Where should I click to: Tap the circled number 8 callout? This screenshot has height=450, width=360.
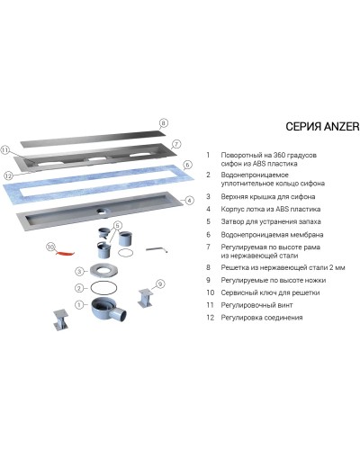(163, 122)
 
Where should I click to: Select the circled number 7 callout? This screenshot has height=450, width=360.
(176, 144)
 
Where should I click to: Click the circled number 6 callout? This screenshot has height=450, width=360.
(187, 165)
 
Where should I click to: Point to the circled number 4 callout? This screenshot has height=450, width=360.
(189, 200)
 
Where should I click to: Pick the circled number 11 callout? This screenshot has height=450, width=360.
(5, 150)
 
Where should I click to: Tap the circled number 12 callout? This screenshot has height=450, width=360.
(8, 175)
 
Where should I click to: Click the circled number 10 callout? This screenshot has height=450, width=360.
(50, 247)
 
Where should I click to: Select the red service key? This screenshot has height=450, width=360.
(65, 254)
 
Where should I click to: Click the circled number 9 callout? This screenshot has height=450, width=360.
(160, 283)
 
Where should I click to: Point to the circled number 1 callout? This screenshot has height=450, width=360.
(79, 305)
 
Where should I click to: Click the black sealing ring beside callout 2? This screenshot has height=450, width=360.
(103, 288)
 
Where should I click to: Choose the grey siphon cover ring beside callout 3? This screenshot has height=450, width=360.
(103, 270)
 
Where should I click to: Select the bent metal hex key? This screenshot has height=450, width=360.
(157, 249)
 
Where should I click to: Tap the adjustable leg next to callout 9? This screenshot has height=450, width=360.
(146, 298)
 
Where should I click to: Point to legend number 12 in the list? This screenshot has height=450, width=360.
(210, 318)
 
